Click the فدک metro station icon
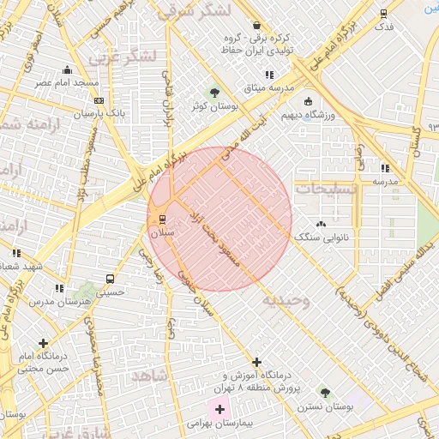click(x=383, y=13)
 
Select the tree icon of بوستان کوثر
click(x=214, y=92)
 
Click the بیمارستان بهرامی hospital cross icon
click(x=220, y=410)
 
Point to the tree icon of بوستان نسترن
click(x=323, y=392)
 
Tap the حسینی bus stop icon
click(x=110, y=279)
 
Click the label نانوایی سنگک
click(x=316, y=235)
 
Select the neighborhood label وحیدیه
click(x=284, y=299)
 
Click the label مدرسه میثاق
click(x=268, y=88)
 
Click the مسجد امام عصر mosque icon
click(x=67, y=70)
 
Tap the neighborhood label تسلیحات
click(x=322, y=187)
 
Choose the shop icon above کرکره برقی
click(x=256, y=24)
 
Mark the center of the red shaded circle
click(x=219, y=219)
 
